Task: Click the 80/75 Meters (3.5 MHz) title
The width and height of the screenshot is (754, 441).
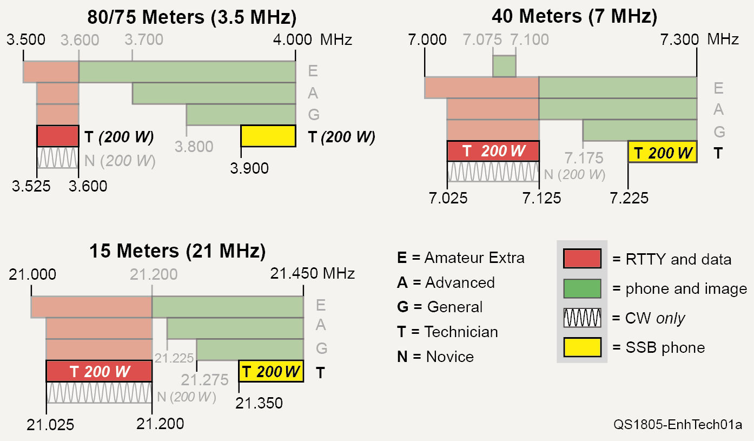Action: (192, 17)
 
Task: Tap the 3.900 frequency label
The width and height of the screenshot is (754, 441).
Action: (249, 168)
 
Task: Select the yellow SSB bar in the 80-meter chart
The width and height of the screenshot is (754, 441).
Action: (268, 136)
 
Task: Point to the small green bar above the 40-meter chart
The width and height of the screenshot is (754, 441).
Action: (504, 66)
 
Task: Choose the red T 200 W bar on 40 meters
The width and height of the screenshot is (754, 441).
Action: (493, 151)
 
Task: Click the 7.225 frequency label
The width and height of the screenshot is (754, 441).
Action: (629, 198)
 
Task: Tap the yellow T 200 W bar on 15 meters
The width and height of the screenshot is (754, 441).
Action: (270, 372)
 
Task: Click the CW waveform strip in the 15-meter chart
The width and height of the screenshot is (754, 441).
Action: (99, 393)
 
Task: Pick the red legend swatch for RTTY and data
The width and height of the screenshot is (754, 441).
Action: (582, 259)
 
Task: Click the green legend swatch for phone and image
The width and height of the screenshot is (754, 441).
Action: (582, 288)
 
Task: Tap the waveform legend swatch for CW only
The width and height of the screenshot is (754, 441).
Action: (582, 318)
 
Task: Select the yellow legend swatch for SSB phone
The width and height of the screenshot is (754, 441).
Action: (582, 347)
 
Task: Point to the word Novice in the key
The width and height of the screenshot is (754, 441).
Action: (449, 357)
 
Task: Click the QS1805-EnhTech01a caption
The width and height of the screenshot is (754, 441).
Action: (678, 424)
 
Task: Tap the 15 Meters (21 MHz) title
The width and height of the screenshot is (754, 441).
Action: (177, 251)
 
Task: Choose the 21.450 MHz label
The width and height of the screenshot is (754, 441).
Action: (313, 274)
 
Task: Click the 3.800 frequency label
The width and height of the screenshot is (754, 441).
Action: (194, 147)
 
